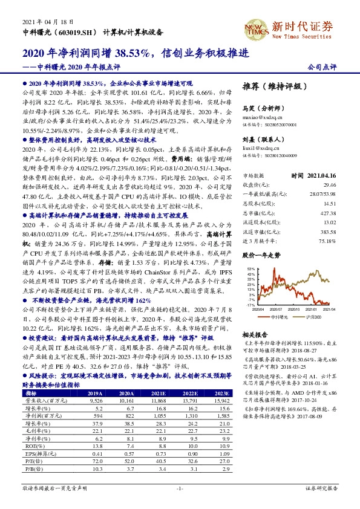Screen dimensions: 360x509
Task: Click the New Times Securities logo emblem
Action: point(252,27)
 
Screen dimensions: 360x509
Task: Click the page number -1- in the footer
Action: point(180,488)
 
